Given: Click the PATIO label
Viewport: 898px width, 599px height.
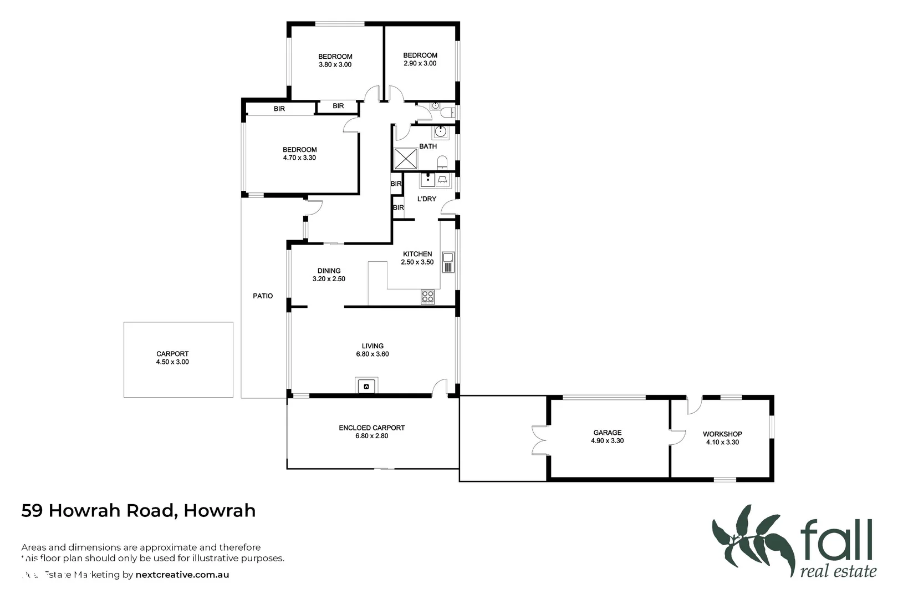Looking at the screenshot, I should point(263,296).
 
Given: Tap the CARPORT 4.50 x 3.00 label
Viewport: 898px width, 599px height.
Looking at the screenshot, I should point(172,358).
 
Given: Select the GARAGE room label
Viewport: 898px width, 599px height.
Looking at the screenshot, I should point(607,433).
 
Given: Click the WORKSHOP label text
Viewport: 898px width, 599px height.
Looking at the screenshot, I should point(722,434).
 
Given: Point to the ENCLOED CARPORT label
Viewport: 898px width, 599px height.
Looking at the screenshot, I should point(371,428).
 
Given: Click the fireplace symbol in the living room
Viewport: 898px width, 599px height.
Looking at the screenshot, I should point(366,385).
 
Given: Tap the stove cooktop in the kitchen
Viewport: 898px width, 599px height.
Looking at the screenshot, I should point(427,297).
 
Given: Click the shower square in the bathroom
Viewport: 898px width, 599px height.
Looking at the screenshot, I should point(406,159).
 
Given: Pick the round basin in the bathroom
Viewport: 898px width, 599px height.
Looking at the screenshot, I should point(441,131).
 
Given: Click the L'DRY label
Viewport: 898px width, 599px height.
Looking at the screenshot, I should point(426,199).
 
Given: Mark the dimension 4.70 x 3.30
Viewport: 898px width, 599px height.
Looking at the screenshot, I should point(299,158).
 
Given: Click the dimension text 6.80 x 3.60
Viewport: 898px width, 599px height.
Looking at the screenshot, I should point(373,354).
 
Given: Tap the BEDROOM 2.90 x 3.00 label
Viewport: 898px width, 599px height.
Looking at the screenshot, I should point(420,59).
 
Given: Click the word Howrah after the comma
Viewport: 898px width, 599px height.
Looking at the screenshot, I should point(220,510).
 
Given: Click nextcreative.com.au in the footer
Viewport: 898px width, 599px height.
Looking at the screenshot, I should point(182,575).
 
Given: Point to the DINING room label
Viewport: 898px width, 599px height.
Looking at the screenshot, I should point(329,271).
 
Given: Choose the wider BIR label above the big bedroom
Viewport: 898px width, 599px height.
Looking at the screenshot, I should point(279,109).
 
